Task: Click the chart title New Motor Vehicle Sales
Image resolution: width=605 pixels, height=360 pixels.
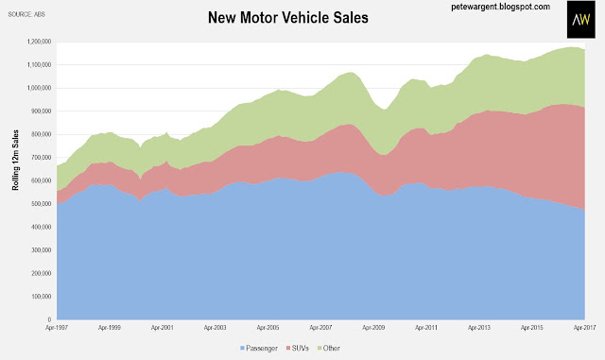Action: tap(287, 18)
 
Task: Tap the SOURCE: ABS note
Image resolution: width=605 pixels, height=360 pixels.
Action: tap(26, 15)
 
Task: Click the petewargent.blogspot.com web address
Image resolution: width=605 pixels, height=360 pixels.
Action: tap(500, 7)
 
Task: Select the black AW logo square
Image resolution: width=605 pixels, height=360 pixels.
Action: tap(580, 19)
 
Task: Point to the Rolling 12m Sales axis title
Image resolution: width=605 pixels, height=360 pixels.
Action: tap(15, 160)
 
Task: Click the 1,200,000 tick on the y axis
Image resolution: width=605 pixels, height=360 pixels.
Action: tap(39, 42)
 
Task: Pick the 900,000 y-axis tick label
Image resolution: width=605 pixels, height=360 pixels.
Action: tap(41, 111)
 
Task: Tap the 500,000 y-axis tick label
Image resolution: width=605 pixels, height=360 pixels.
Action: tap(41, 204)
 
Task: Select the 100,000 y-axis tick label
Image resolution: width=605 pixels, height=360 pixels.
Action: tap(41, 297)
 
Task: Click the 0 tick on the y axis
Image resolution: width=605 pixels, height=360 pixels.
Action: tap(49, 319)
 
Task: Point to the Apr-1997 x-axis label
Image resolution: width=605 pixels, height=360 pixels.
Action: tap(57, 328)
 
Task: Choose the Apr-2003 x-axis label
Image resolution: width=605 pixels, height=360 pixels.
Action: tap(216, 328)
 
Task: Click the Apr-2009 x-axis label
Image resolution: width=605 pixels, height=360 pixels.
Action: tap(373, 328)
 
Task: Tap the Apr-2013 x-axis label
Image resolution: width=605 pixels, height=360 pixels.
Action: tap(479, 328)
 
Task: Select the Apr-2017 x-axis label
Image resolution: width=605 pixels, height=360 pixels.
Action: tap(584, 328)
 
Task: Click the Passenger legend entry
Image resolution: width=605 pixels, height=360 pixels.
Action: tap(259, 348)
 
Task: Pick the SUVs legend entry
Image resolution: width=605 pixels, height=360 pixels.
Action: tap(298, 348)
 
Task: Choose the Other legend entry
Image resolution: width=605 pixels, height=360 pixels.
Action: tap(328, 348)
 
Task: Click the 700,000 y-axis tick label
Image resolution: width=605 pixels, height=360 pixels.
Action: tap(41, 158)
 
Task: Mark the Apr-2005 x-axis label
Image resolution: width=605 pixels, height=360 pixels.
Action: tap(268, 328)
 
